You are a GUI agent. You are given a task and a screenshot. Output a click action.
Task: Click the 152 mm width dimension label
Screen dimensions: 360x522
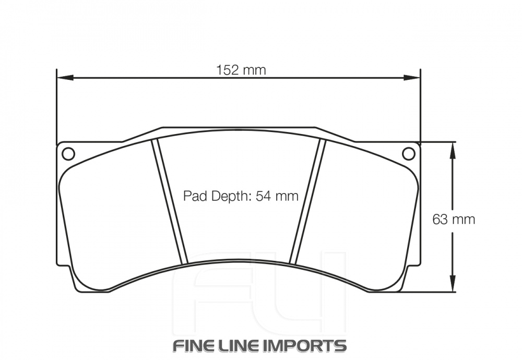241,69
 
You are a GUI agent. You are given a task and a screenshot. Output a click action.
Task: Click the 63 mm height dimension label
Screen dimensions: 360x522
454,219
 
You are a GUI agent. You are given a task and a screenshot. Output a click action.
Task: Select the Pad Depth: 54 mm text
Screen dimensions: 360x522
241,196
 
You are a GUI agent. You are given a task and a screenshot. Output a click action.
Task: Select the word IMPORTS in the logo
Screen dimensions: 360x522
312,345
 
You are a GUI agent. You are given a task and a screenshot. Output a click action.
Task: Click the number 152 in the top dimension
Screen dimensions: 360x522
228,69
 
